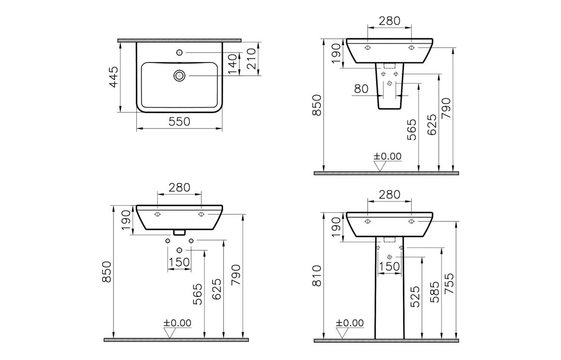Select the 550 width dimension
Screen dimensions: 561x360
pos(179,122)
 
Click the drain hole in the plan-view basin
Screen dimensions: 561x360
pos(180,76)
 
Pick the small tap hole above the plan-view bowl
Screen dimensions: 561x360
pos(180,52)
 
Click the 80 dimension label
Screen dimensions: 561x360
pos(361,88)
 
